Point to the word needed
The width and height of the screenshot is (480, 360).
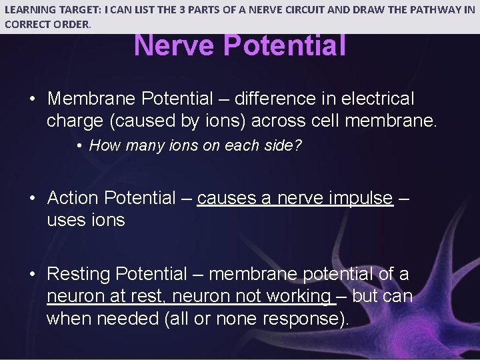tap(127, 319)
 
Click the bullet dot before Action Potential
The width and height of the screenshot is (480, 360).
tap(32, 198)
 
